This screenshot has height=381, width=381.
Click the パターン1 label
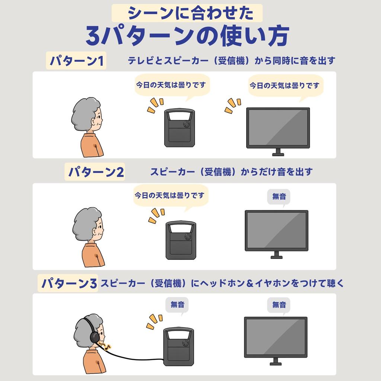click(76, 61)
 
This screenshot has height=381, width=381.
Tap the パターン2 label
click(95, 172)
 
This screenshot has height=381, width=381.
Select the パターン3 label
click(68, 283)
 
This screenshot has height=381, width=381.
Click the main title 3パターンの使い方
click(188, 36)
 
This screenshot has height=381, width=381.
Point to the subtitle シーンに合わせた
click(187, 13)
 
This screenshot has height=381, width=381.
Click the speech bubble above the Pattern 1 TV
click(286, 86)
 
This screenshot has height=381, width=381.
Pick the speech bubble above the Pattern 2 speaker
click(171, 196)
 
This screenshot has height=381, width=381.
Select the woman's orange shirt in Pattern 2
click(93, 255)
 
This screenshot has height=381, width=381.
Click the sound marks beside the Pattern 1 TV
click(233, 106)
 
